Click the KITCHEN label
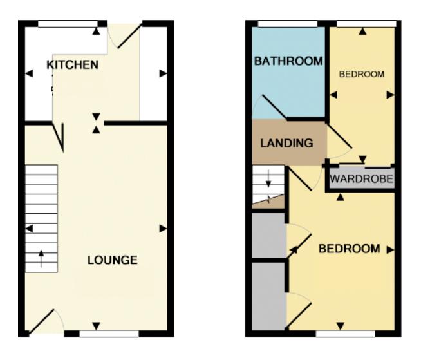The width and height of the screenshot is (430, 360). coord(72,65)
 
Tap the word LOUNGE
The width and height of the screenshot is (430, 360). coord(113,260)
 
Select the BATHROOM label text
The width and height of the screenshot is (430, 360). coord(288,61)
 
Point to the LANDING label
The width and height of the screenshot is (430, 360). coord(286,143)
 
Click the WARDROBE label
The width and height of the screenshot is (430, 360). coord(361,179)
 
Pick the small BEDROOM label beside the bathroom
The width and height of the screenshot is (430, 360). coord(362,74)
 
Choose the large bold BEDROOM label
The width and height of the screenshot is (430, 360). coord(350,249)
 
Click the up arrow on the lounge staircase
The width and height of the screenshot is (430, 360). coord(41,258)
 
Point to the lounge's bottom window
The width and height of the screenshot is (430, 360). coord(109,334)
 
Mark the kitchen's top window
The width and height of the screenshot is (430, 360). coord(68,24)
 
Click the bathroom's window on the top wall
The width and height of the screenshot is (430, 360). coord(288,24)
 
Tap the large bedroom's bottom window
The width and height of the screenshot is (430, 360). coord(346,334)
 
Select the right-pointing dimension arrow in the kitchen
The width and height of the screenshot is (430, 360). coord(163,73)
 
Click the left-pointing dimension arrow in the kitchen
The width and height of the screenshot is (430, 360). coord(29,73)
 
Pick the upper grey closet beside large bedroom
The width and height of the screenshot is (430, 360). coord(269,236)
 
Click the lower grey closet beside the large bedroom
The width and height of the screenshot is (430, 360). coord(269,296)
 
